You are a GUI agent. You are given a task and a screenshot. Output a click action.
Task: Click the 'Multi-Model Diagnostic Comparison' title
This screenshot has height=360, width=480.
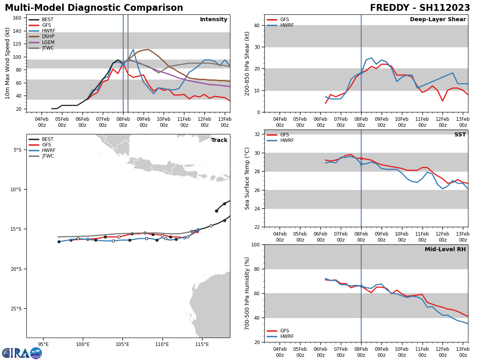(94, 8)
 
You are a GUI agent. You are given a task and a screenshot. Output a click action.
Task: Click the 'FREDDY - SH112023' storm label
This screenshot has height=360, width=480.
(420, 8)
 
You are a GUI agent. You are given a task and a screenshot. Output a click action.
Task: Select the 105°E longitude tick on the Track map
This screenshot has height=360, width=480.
(122, 344)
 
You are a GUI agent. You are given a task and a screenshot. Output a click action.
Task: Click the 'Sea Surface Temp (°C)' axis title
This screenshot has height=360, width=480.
(248, 178)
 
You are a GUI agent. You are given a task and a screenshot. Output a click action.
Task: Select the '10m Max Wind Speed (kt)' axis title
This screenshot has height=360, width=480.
(8, 63)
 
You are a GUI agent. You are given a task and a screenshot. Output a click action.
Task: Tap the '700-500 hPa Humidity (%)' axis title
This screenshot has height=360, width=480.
(248, 293)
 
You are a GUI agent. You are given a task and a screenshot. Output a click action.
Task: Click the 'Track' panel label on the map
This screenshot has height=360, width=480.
(219, 140)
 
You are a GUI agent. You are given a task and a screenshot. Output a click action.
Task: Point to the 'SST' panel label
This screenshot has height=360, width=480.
(460, 135)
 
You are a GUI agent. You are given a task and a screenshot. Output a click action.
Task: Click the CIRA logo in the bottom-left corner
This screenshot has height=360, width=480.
(22, 353)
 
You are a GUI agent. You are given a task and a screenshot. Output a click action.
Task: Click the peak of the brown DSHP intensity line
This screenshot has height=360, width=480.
(148, 50)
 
